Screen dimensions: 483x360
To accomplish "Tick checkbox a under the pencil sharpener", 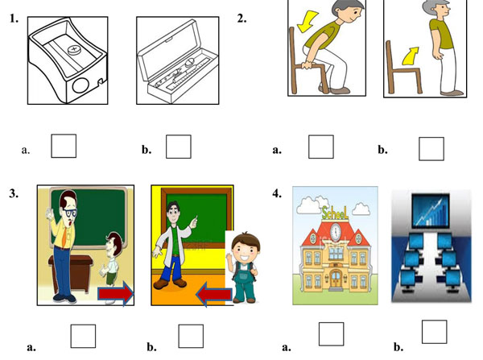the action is click(64, 146).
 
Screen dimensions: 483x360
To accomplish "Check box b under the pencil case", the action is click(179, 147).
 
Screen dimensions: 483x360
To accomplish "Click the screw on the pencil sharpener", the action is click(74, 50).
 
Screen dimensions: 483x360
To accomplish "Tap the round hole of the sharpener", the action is click(80, 85).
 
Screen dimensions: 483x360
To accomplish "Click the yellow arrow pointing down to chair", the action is click(308, 21).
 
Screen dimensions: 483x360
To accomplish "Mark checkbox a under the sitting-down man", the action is click(321, 147).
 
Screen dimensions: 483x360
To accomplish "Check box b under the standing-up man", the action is click(431, 149).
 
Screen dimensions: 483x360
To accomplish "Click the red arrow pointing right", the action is click(116, 293).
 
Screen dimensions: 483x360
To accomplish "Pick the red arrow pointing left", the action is click(214, 295).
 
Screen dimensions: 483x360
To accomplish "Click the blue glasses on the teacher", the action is click(70, 213).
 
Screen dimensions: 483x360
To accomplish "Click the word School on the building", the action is click(335, 213).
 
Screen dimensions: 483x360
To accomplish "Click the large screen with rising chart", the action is click(431, 211).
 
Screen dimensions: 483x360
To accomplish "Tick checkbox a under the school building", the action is click(331, 333).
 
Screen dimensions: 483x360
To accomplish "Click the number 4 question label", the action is click(277, 193).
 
